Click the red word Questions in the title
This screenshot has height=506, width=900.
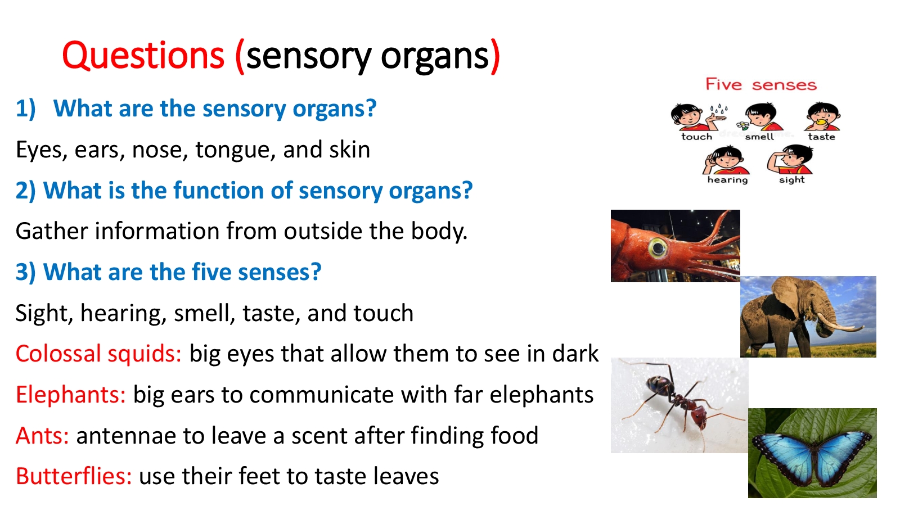(x=143, y=56)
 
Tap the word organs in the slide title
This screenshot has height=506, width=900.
(x=435, y=58)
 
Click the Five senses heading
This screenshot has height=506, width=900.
(x=762, y=85)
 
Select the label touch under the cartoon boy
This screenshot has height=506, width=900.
(x=697, y=137)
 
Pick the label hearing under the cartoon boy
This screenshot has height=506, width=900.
(x=728, y=180)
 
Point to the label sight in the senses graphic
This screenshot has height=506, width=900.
(x=792, y=180)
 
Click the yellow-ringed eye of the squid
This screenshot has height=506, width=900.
(x=658, y=248)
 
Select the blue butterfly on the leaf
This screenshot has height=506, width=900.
(x=813, y=458)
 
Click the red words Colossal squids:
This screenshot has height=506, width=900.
(x=98, y=354)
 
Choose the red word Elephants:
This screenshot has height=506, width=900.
(x=71, y=395)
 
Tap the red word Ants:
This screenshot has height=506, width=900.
(x=42, y=436)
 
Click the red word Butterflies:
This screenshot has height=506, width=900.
(x=74, y=476)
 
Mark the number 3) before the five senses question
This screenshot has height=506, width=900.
(x=26, y=272)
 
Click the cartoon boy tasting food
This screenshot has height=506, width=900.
(x=822, y=117)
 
